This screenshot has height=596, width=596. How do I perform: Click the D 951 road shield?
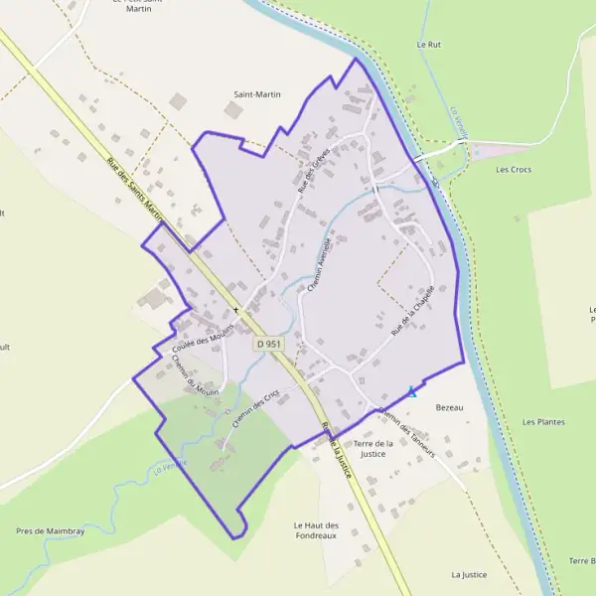pyautogui.click(x=268, y=344)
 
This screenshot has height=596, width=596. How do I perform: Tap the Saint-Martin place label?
pyautogui.click(x=257, y=94)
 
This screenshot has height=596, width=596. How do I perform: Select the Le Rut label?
pyautogui.click(x=428, y=45)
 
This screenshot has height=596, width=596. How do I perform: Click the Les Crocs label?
pyautogui.click(x=514, y=170)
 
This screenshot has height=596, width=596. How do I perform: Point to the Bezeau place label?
pyautogui.click(x=450, y=408)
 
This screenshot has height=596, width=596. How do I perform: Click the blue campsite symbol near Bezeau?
pyautogui.click(x=412, y=392)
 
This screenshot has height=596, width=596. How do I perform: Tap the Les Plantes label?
pyautogui.click(x=543, y=422)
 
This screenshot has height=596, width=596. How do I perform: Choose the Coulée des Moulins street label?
pyautogui.click(x=202, y=340)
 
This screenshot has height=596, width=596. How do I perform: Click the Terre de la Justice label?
pyautogui.click(x=372, y=448)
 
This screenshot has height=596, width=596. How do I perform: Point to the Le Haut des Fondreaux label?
pyautogui.click(x=317, y=530)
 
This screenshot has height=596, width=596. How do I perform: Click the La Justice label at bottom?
pyautogui.click(x=469, y=574)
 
